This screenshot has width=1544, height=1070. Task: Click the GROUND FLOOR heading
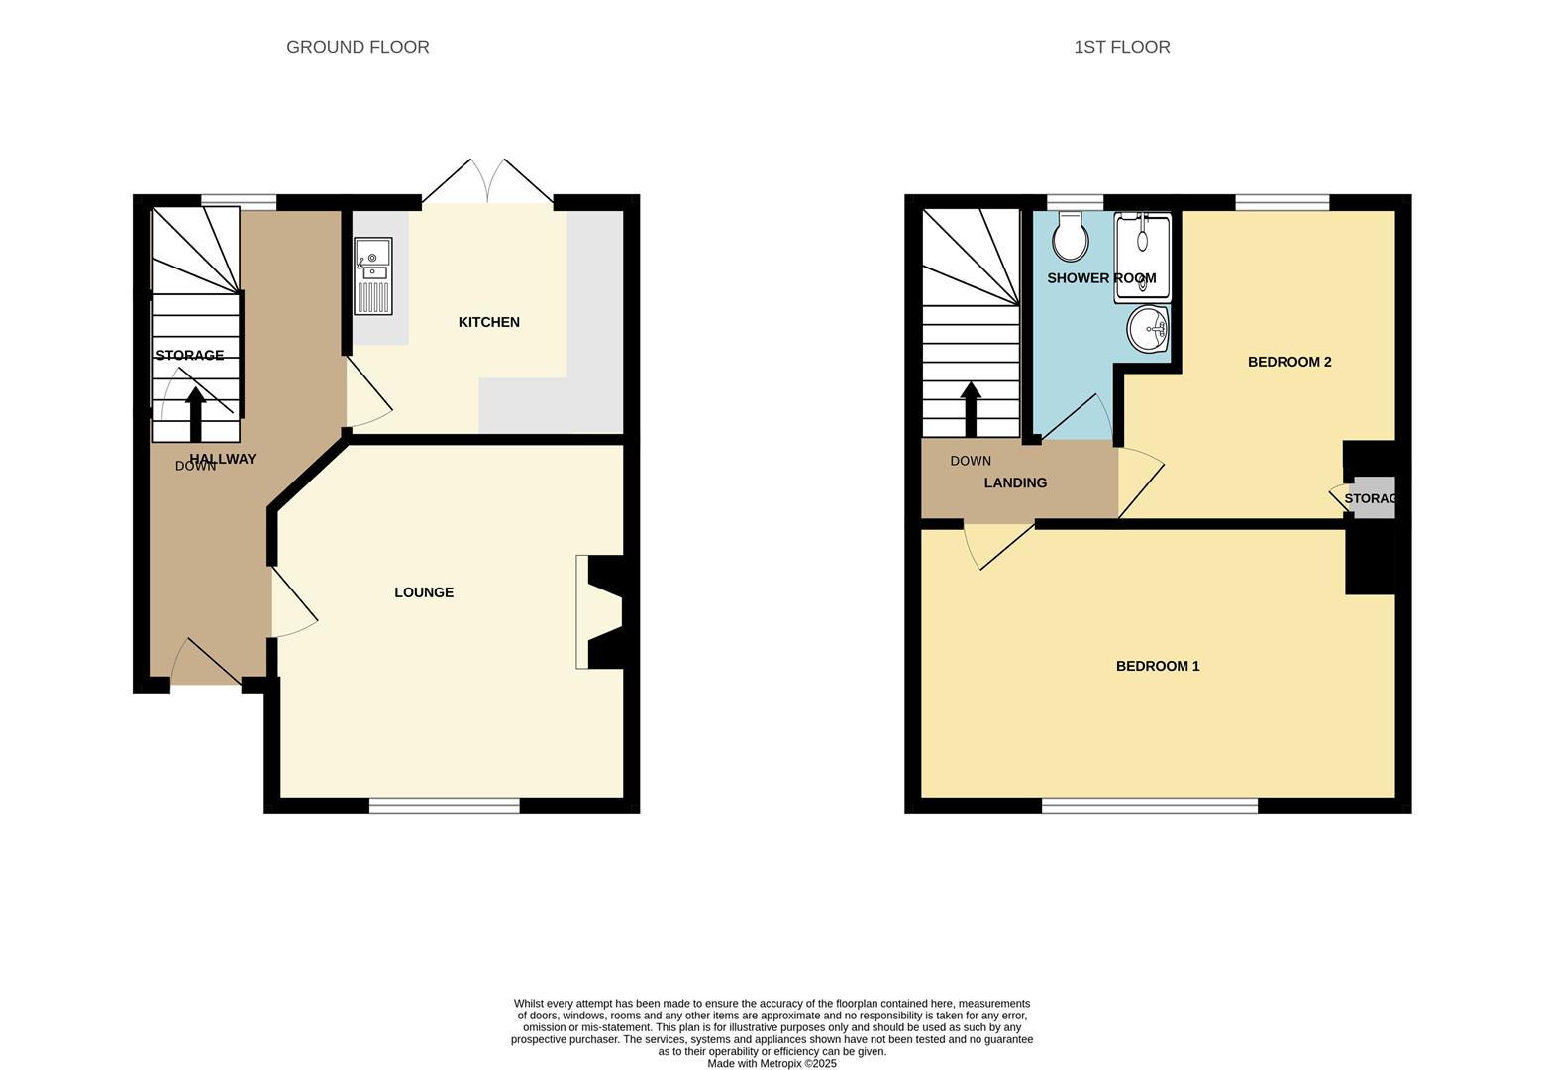pos(358,47)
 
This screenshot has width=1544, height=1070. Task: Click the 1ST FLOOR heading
pos(1121,47)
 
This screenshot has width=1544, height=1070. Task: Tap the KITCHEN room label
pos(488,322)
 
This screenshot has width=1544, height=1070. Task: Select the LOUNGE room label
pos(424,592)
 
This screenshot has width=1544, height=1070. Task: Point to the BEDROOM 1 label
pos(1157,666)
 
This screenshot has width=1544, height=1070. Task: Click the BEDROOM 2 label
pos(1288,362)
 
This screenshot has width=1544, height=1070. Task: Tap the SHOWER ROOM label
pos(1101,278)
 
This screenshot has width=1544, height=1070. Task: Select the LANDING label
pos(1015,482)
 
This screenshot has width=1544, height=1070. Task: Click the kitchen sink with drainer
pos(373,275)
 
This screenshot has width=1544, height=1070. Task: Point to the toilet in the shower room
pos(1071,236)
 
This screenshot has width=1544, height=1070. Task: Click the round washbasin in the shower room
pos(1148,329)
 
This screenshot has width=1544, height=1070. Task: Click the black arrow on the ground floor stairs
pos(195,413)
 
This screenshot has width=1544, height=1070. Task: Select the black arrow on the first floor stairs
pos(971,408)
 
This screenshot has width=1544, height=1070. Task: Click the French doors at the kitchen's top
pos(487,183)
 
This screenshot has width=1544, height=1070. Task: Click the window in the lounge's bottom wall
pos(444,806)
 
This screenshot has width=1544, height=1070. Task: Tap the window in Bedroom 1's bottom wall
pos(1149,806)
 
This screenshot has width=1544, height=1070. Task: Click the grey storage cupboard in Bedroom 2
pos(1374,498)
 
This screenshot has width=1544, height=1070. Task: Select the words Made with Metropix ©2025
pos(772,1063)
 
